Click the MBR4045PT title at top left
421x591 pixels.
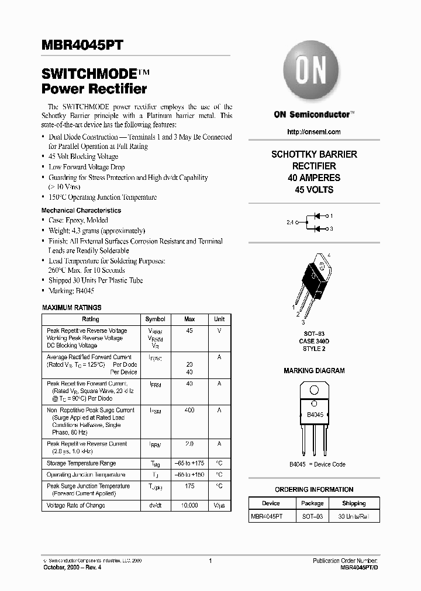(82, 46)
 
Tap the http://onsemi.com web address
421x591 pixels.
(314, 133)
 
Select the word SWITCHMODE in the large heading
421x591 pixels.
(88, 74)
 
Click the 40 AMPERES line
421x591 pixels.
(314, 178)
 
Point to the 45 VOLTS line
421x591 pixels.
(314, 190)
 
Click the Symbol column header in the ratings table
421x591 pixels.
(155, 319)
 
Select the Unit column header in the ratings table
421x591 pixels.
(219, 319)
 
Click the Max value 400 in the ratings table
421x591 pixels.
(189, 411)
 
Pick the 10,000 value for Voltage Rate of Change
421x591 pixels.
(189, 505)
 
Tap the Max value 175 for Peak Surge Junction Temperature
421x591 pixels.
(189, 486)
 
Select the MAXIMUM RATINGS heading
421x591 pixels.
(72, 307)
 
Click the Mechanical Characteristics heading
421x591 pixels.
(81, 210)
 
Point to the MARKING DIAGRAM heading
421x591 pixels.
(314, 371)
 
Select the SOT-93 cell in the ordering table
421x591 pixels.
(312, 517)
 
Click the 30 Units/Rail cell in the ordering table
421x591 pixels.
(353, 517)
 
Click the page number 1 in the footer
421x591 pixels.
(210, 561)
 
